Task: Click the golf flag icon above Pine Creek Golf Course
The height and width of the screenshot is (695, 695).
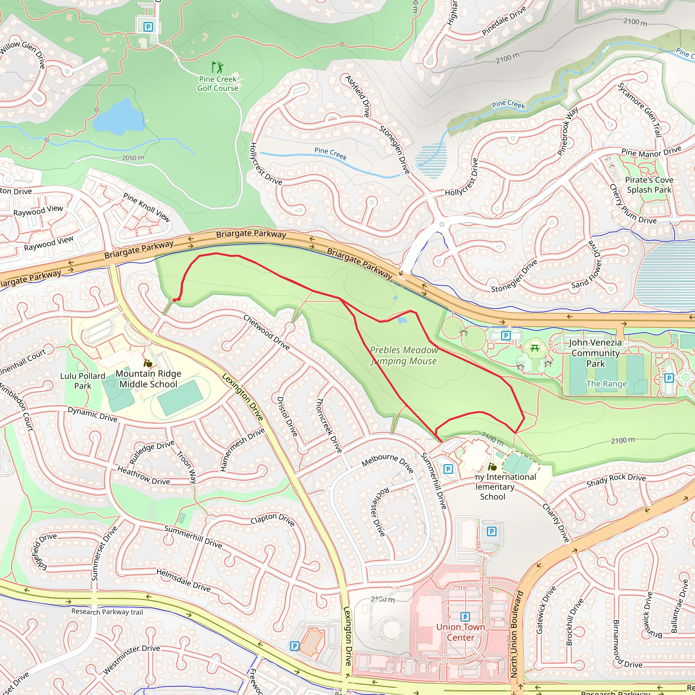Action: point(217,67)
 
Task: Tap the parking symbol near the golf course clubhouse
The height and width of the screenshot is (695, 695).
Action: point(148,26)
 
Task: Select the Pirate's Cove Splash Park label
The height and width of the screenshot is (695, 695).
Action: point(649,185)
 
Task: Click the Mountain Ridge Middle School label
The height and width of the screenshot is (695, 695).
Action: point(148,379)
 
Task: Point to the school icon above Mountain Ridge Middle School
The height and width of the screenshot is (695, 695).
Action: point(148,363)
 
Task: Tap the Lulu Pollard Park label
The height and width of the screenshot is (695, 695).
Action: point(83,381)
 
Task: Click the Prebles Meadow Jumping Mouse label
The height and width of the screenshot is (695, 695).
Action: point(403,355)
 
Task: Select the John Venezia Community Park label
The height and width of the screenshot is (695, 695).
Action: point(595,353)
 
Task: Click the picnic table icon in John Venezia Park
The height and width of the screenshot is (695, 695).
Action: point(534,348)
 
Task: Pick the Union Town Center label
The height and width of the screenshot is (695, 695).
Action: point(461,632)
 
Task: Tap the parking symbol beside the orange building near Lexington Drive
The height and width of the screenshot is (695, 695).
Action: point(295,646)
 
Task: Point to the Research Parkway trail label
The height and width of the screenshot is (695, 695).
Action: point(107,612)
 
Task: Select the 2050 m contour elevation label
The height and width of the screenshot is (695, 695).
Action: point(133,157)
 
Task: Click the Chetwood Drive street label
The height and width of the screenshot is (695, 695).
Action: point(266,332)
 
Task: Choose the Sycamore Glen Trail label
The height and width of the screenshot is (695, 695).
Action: point(640,110)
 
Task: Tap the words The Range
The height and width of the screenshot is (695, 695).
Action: point(606,384)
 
